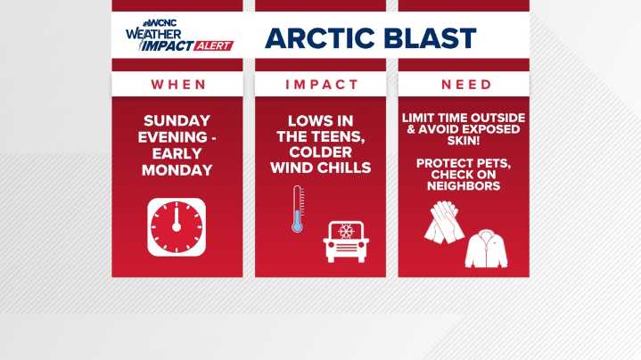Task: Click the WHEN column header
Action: click(177, 85)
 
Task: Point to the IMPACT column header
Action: click(320, 85)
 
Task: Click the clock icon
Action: click(177, 227)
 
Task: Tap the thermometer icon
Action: click(298, 209)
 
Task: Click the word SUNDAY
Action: click(177, 121)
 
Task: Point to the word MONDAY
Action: click(177, 169)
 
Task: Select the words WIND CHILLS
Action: click(320, 169)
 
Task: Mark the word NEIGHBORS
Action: click(463, 187)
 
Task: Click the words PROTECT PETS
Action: click(463, 164)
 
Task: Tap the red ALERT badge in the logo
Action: click(211, 45)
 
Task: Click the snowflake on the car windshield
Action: click(343, 231)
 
